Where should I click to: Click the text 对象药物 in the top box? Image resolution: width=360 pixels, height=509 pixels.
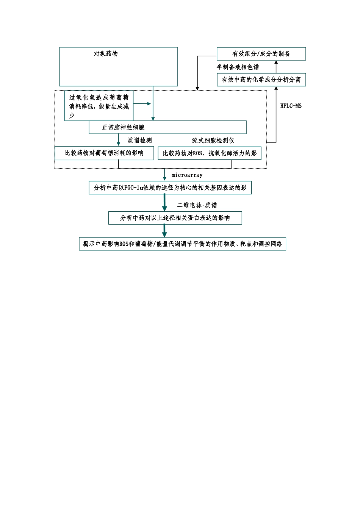point(106,54)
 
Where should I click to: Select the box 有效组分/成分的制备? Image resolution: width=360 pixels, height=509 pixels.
point(261,54)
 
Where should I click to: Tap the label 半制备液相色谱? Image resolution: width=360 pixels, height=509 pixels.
point(238,67)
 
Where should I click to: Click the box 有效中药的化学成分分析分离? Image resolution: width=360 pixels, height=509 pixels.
point(261,80)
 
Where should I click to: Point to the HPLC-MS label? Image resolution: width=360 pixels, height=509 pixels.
point(291,106)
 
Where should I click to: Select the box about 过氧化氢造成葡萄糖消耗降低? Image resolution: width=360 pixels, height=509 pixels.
point(99,106)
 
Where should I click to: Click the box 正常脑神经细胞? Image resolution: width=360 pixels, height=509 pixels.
point(167,127)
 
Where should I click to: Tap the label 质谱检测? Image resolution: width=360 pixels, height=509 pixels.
point(139,141)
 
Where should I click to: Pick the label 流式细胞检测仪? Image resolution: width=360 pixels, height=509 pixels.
point(213,141)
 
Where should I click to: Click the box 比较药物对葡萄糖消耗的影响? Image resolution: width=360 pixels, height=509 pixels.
point(104,153)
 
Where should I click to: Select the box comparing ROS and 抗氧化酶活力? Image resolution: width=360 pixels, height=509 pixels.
point(210,153)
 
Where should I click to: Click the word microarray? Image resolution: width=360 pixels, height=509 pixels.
point(187,175)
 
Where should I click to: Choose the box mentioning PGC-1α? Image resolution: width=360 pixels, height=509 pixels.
point(170,188)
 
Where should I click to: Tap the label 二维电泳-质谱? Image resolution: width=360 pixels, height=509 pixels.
point(197,205)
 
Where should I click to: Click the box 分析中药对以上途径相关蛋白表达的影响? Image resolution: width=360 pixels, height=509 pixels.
point(175,218)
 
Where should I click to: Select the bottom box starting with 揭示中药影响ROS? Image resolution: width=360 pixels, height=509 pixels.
point(182,244)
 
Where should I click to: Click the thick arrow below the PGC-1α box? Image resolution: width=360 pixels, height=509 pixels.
point(164,203)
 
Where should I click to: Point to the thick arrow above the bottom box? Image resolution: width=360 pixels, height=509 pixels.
point(164,231)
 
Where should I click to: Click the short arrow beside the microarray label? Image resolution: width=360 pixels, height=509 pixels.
point(164,175)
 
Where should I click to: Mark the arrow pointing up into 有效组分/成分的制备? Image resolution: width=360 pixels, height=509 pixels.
point(276,67)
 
